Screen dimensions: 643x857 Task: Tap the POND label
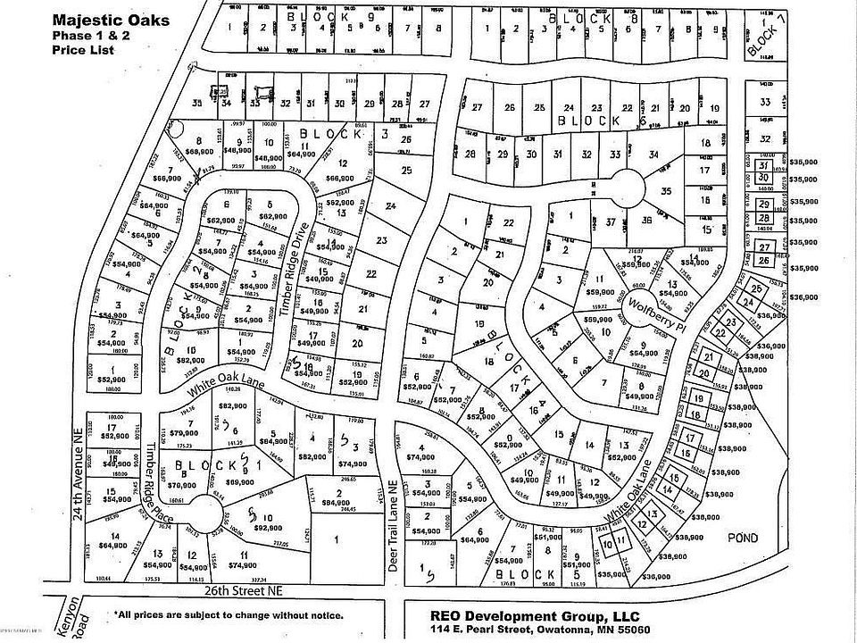tap(743, 538)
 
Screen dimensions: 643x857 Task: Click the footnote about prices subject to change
tap(229, 615)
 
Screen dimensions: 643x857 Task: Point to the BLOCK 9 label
tap(312, 16)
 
